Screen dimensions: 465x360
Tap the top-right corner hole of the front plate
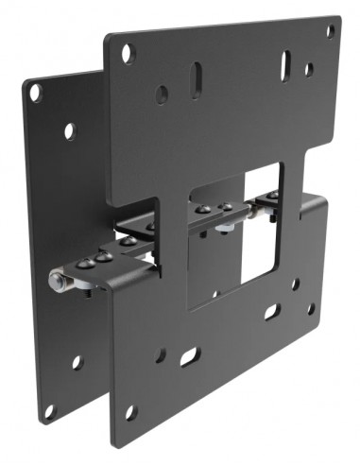(x=331, y=31)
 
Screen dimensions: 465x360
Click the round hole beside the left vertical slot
(x=163, y=95)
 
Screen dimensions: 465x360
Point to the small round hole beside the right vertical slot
(x=309, y=69)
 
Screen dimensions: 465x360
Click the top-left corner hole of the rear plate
(x=35, y=93)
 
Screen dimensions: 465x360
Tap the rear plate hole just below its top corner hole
(x=69, y=130)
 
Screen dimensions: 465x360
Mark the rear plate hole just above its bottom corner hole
(x=77, y=362)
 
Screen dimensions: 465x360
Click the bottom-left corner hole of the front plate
(x=130, y=411)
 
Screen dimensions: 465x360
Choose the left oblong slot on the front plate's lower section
(x=190, y=356)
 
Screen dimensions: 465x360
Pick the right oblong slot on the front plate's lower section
(x=271, y=312)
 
